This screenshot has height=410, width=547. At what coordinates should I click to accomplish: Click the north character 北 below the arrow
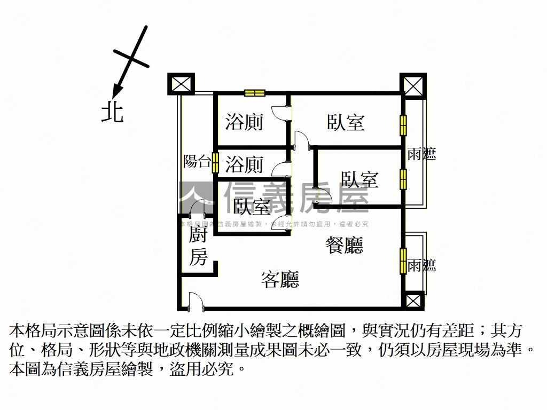(x=113, y=112)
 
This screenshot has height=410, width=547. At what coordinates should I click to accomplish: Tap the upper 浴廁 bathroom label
(x=244, y=122)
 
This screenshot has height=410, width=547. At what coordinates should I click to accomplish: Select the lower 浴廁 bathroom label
(x=244, y=164)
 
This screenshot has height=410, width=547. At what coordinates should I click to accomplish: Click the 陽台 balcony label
(x=197, y=161)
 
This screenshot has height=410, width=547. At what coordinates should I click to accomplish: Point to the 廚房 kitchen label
(x=198, y=247)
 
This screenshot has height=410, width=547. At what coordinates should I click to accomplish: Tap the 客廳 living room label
(x=280, y=279)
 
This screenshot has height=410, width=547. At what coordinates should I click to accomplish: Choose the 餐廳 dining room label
(x=345, y=245)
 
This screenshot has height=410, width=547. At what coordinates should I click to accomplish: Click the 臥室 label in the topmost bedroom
(x=346, y=122)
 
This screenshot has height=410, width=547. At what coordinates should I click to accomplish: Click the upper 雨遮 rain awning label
(x=421, y=154)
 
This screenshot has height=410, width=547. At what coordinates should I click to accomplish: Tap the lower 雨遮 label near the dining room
(x=421, y=265)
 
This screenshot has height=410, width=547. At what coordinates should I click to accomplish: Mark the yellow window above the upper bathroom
(x=255, y=93)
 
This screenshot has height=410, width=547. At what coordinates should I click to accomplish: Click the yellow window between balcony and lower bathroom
(x=215, y=163)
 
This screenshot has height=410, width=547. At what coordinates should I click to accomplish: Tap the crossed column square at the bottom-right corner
(x=413, y=301)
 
